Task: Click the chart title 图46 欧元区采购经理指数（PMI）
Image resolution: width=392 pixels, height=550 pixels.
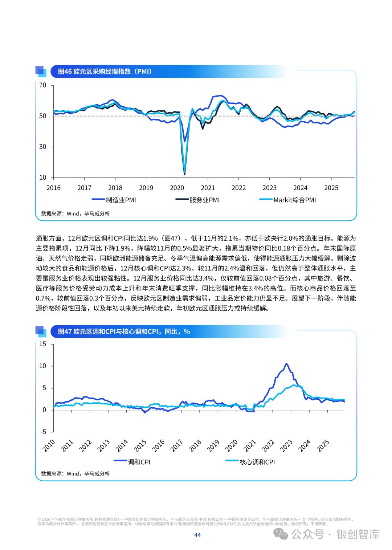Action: [105, 72]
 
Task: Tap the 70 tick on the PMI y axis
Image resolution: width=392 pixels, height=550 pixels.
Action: [43, 85]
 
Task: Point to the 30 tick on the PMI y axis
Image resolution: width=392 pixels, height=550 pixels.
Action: [43, 147]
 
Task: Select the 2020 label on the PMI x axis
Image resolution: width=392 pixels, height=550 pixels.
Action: [177, 188]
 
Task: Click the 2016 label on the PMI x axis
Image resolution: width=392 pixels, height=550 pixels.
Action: [53, 188]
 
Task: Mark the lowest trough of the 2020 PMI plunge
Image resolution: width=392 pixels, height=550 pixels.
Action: [184, 174]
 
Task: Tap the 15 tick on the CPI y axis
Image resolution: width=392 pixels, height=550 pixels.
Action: [43, 344]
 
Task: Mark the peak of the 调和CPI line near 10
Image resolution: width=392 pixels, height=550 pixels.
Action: [286, 363]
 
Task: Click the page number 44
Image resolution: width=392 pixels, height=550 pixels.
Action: [197, 535]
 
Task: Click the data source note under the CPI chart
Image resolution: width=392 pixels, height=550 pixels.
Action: [75, 474]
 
